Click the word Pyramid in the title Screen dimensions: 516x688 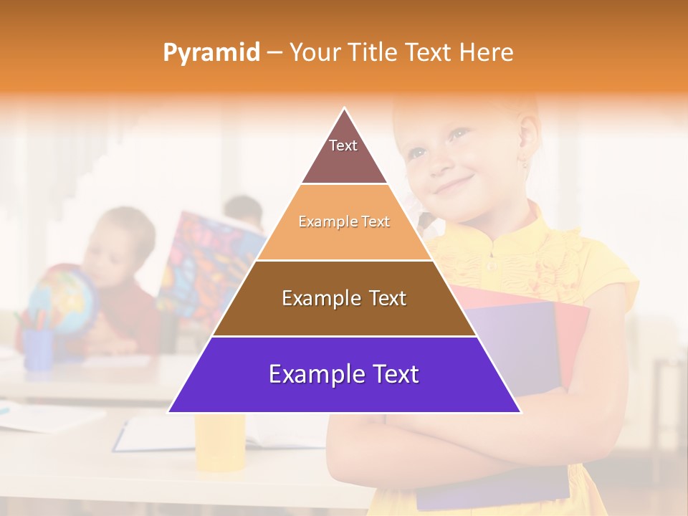click(x=211, y=53)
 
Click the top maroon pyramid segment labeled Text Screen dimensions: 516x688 click(x=343, y=152)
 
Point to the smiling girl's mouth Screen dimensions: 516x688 click(x=454, y=186)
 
